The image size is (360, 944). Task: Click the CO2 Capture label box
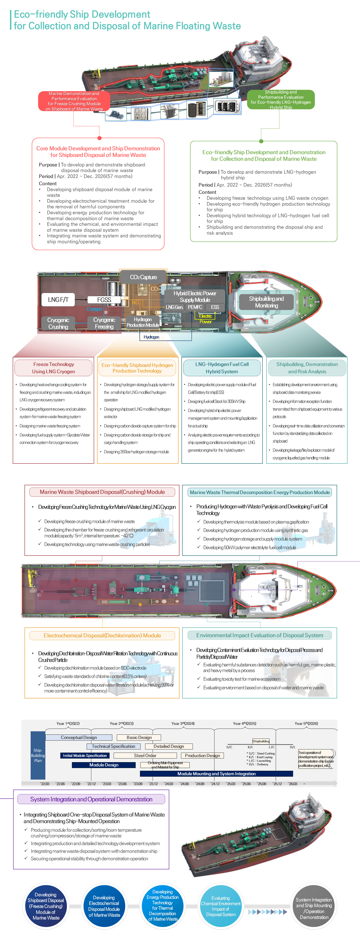tap(143, 277)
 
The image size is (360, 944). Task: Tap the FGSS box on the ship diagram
tap(104, 300)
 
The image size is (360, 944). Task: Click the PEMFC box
tap(195, 307)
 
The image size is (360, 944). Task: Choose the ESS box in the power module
tap(215, 307)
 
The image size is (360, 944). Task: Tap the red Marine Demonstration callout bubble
tap(74, 101)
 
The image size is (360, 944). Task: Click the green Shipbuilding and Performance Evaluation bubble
tap(281, 99)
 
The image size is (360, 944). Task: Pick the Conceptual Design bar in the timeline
tap(79, 737)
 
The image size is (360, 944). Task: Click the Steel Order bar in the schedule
tap(145, 755)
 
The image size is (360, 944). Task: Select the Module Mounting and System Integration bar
tap(216, 774)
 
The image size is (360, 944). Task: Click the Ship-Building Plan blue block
tap(38, 755)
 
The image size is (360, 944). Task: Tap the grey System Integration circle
tap(314, 908)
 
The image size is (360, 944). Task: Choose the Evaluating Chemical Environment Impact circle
tap(221, 906)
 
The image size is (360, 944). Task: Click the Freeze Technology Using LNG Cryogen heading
tap(54, 368)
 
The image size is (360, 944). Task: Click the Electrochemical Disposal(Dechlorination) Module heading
tap(102, 635)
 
